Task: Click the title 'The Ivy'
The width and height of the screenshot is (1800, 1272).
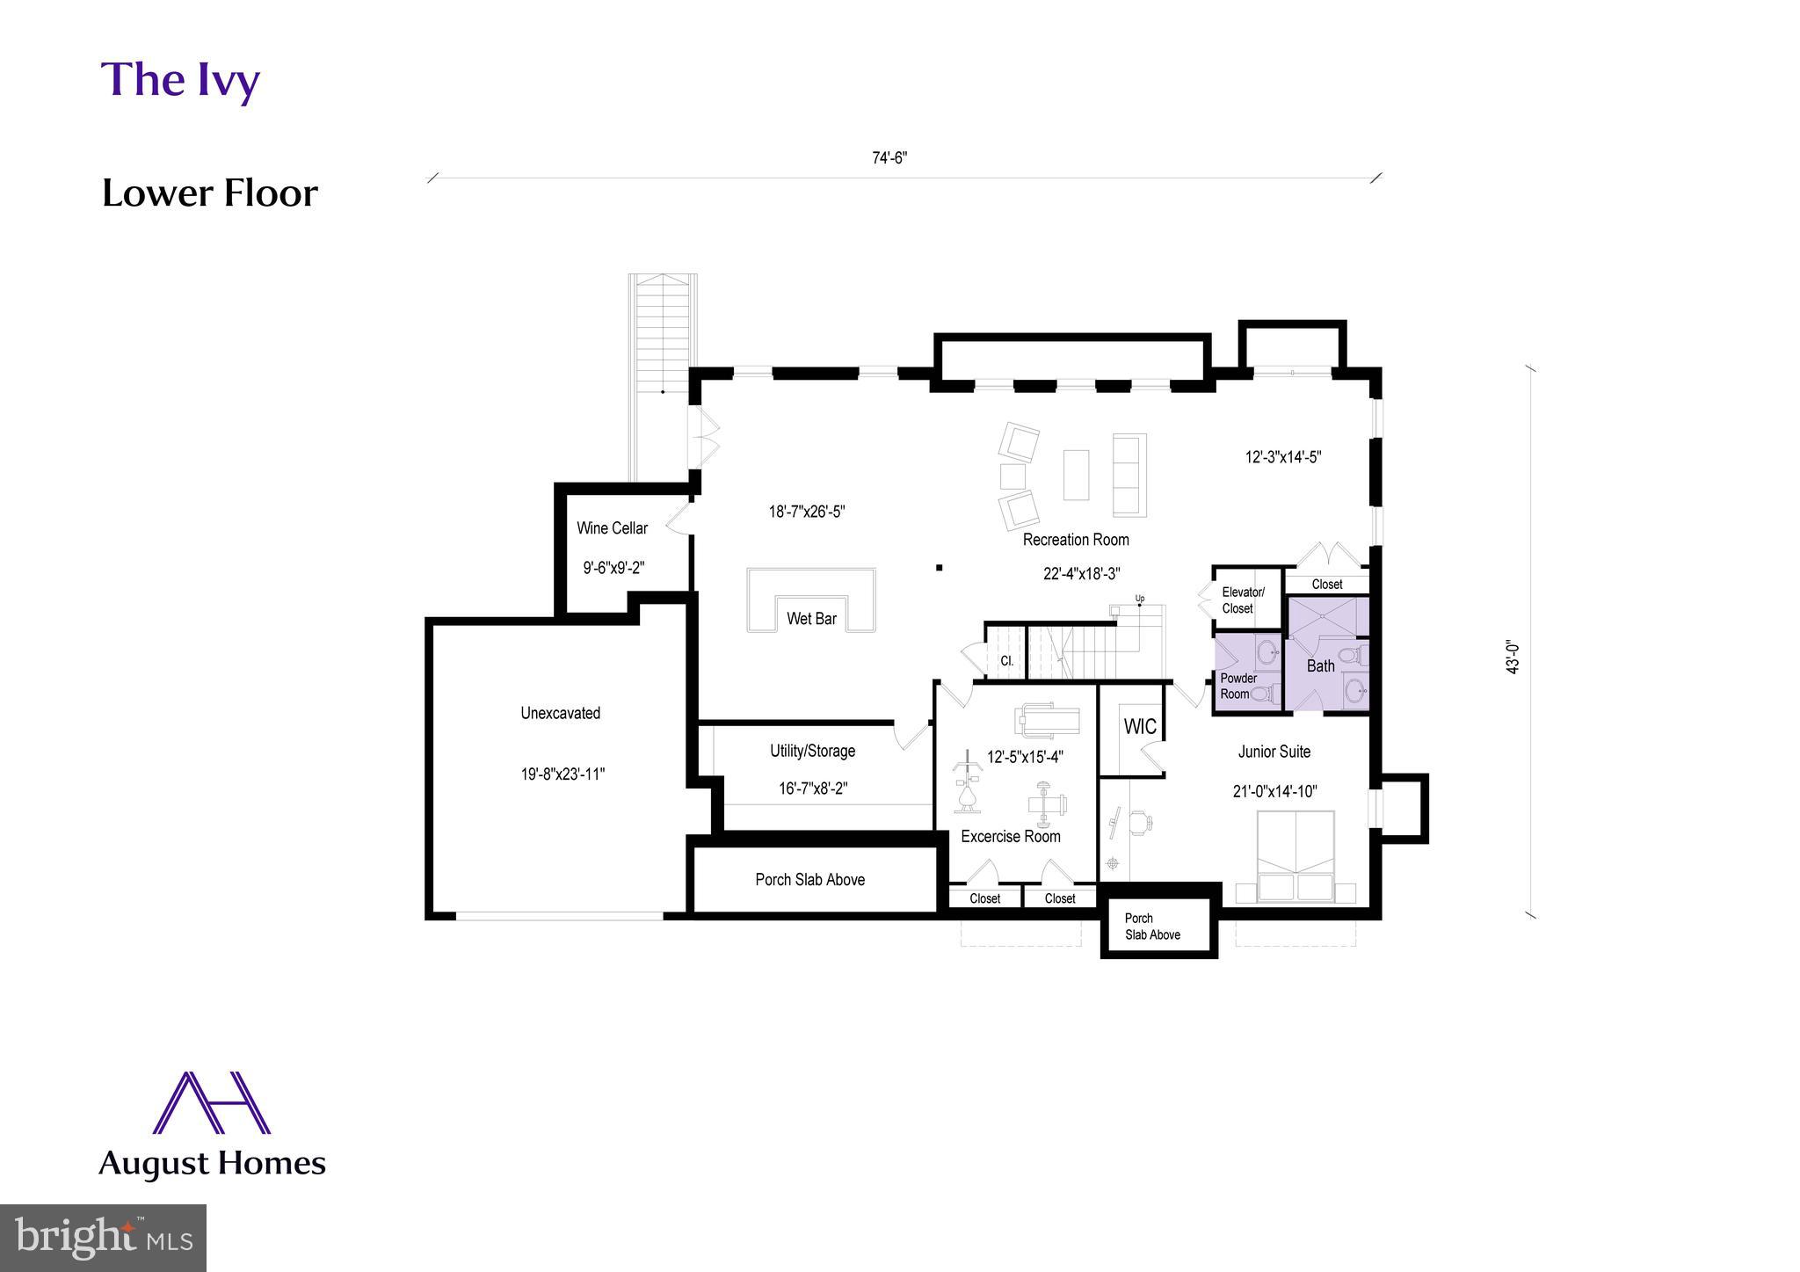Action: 180,80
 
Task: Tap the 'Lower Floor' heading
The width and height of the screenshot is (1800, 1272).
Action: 209,193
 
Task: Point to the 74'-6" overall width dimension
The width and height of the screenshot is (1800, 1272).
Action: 889,158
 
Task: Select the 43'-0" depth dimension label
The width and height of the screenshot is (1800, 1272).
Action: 1512,657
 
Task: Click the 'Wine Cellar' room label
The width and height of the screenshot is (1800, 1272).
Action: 612,528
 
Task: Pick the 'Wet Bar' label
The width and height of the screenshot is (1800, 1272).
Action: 811,619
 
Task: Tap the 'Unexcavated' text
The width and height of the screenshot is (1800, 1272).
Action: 560,713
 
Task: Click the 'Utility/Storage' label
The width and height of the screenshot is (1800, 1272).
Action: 812,751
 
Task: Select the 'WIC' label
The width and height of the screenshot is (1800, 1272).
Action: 1140,727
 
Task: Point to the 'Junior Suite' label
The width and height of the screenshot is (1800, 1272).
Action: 1274,752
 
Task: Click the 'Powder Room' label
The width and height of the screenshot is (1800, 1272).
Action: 1237,686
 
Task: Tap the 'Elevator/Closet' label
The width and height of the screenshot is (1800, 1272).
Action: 1242,600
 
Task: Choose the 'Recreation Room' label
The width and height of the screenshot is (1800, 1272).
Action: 1075,540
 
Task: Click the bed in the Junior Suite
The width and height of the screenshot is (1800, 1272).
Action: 1295,855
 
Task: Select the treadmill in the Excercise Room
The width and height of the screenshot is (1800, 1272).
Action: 1048,720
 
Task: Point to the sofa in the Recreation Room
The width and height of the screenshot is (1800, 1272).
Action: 1129,475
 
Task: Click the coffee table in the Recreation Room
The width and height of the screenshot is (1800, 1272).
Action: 1076,475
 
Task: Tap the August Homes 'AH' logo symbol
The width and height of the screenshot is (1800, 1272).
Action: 211,1102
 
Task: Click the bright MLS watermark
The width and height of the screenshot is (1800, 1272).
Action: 103,1238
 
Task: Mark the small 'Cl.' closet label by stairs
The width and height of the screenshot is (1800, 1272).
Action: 1007,661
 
